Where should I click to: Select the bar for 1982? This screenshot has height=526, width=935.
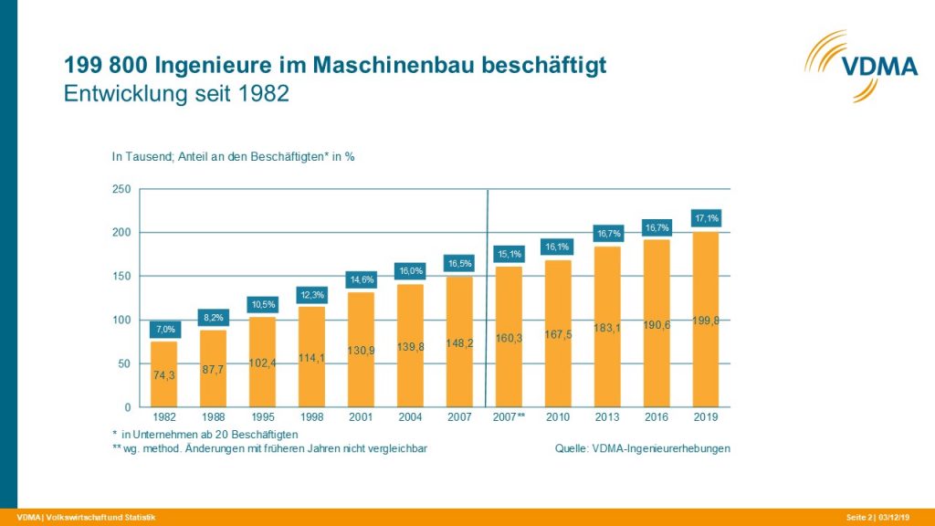click(163, 374)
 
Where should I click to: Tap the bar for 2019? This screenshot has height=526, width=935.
click(706, 320)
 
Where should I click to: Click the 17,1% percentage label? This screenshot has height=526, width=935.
click(706, 218)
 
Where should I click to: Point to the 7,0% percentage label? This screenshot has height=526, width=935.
click(163, 328)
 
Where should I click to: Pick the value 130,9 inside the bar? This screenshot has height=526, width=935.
click(362, 351)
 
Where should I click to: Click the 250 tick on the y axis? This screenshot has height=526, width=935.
click(121, 189)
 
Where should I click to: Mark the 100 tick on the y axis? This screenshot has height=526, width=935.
click(121, 320)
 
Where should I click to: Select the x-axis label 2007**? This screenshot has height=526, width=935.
click(509, 417)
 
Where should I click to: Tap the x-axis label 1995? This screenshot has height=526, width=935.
click(263, 417)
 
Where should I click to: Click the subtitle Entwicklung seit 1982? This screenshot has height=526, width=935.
click(176, 94)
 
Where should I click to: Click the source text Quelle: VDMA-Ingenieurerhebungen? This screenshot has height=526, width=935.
click(642, 448)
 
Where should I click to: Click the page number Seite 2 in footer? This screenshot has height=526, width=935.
click(859, 518)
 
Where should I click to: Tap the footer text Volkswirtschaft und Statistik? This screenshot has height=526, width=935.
click(94, 518)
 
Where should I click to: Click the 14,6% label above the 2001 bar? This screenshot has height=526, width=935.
click(362, 279)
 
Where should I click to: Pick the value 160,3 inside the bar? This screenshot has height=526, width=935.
click(509, 337)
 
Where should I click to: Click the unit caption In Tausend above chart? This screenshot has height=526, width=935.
click(232, 156)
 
